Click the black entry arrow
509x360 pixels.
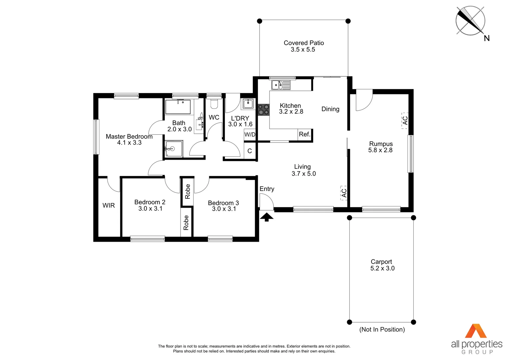[266, 217]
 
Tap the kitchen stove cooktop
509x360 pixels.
[263, 110]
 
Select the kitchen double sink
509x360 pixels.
[281, 85]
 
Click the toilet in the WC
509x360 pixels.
[214, 104]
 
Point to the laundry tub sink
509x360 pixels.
[248, 104]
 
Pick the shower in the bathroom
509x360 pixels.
[174, 149]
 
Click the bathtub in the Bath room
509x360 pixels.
[178, 107]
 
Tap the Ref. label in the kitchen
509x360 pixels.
[304, 134]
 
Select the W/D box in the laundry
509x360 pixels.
[250, 135]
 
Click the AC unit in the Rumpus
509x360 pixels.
[405, 120]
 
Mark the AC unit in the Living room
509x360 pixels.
[344, 193]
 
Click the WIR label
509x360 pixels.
[109, 206]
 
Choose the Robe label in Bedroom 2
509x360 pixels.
[186, 222]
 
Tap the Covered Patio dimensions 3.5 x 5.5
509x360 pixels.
[303, 50]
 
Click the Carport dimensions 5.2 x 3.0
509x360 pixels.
[382, 268]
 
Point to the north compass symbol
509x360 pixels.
[470, 21]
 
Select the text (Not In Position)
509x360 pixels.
[382, 329]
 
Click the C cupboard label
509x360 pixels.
[250, 151]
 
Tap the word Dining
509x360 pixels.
[330, 109]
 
